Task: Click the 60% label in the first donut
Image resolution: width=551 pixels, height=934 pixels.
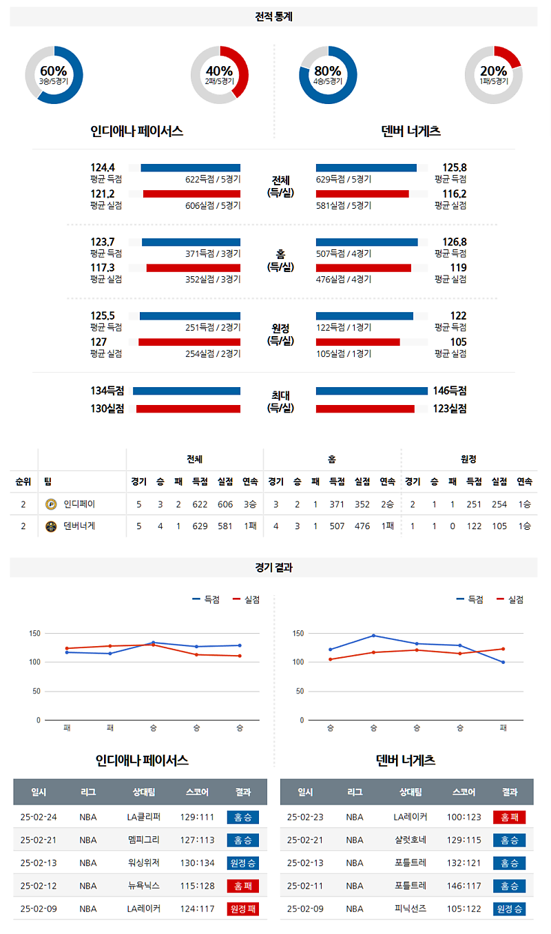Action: point(54,71)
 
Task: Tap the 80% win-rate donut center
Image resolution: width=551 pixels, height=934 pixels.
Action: point(328,74)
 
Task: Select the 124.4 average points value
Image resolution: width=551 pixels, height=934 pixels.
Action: point(103,167)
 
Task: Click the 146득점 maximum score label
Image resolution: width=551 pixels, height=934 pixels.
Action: point(450,391)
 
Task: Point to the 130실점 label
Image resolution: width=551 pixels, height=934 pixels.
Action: point(107,408)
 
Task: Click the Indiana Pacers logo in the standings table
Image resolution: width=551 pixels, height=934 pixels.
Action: point(50,505)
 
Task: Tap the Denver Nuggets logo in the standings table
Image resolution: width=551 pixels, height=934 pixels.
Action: point(50,527)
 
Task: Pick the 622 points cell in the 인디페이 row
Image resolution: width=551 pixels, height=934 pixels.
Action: point(200,505)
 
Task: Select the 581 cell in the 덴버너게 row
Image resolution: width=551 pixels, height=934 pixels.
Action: point(225,527)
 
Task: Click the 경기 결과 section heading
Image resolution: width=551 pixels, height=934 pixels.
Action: point(273,568)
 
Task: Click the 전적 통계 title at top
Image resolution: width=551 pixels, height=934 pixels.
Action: point(273,17)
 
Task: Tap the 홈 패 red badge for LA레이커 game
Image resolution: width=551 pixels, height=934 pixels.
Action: point(509,818)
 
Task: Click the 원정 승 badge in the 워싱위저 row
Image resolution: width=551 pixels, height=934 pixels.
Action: point(242,863)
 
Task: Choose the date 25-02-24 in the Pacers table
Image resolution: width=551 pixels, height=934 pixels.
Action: point(39,818)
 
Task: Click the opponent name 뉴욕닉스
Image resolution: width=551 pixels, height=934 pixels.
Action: point(143,886)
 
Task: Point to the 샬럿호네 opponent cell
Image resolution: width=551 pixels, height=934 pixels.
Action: point(410,840)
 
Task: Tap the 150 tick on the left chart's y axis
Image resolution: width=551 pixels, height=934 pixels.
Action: point(35,634)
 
